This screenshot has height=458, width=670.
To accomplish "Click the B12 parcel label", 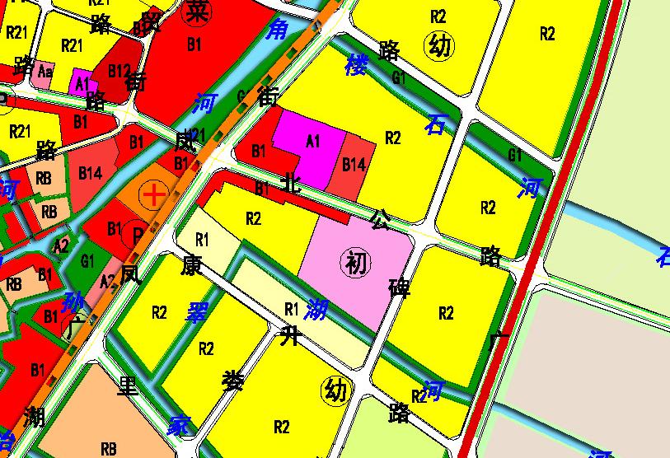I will [119, 72].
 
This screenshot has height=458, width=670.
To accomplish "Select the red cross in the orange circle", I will [153, 195].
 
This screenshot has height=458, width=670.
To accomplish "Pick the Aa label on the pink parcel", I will [45, 72].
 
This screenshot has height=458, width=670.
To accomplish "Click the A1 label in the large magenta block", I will [312, 141].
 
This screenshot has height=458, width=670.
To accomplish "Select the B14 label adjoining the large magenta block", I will [354, 165].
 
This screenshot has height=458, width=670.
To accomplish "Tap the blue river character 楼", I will [355, 63].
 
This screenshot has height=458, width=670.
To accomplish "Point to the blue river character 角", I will [277, 31].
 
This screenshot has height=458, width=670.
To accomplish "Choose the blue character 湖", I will [315, 310].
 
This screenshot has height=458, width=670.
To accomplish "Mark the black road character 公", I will [381, 218].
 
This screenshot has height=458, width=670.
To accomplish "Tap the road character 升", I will [288, 335].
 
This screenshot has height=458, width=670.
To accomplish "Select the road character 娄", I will [233, 381].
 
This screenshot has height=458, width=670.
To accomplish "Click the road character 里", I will [128, 386].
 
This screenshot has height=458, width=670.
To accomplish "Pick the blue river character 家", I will [179, 426].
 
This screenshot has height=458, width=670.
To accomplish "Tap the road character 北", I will [290, 183].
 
